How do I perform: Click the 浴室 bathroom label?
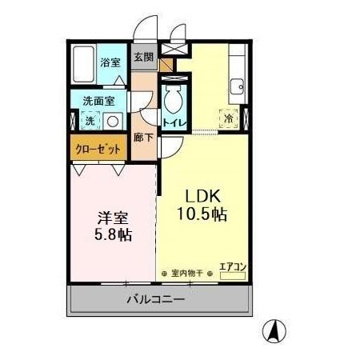click(x=110, y=62)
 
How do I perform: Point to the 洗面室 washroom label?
click(x=98, y=102)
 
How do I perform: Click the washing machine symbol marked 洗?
click(x=90, y=122)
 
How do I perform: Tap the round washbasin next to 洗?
click(x=113, y=122)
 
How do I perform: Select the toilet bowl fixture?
click(x=173, y=99)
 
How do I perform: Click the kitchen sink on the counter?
click(x=237, y=86)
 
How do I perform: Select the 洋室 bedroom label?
click(x=112, y=218)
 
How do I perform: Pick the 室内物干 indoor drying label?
click(x=187, y=272)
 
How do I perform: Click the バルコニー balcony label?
click(x=157, y=300)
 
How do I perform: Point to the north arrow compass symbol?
click(x=274, y=330)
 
